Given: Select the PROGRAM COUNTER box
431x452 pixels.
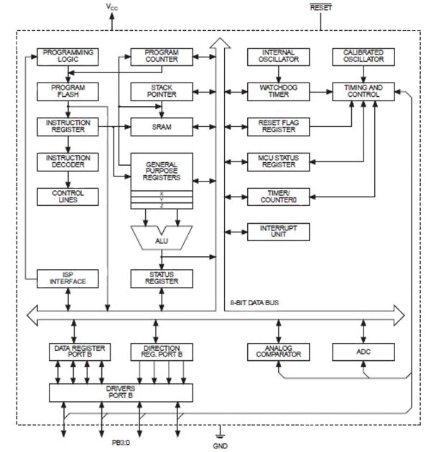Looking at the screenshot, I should [162, 57].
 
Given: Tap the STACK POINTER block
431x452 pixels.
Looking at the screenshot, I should [162, 91].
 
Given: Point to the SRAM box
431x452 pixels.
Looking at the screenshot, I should [162, 126].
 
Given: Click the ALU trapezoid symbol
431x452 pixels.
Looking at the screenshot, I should [162, 240].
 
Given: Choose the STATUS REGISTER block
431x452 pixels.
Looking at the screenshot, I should [162, 278].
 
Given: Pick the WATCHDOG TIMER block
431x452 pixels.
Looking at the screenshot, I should [277, 91].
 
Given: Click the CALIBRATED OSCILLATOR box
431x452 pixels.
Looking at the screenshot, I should [363, 57].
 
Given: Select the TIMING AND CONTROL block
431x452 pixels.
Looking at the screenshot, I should [363, 91].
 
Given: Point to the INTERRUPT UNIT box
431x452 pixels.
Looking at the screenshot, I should [277, 231].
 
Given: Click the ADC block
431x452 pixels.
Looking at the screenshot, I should [363, 352].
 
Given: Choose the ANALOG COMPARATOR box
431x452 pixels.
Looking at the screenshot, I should [277, 352].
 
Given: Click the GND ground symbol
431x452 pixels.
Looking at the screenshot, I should [222, 434].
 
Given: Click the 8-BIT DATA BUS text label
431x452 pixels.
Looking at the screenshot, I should [255, 302].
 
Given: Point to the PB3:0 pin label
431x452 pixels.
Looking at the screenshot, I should [121, 443].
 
